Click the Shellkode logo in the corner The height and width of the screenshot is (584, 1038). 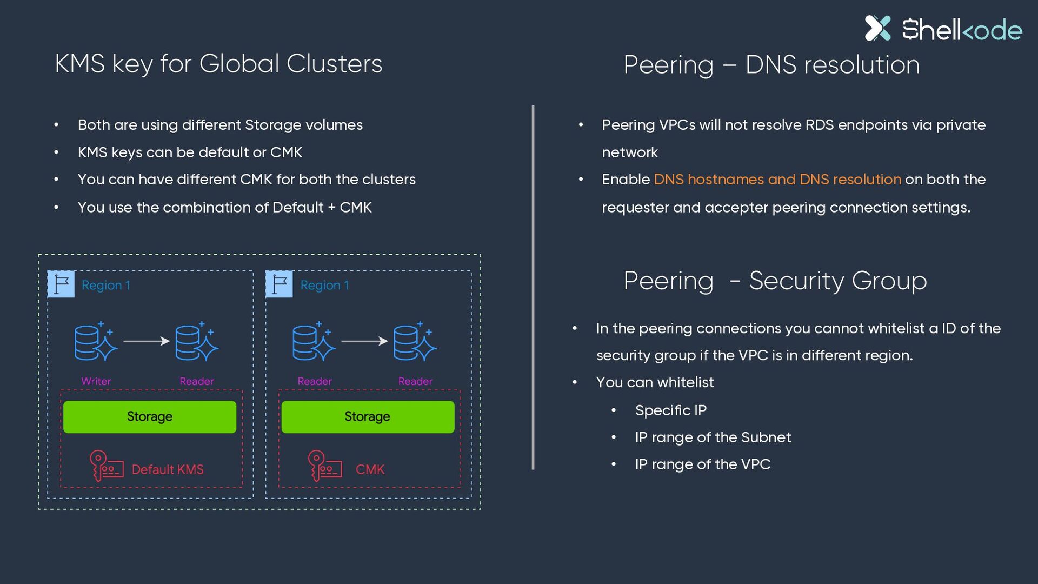(943, 29)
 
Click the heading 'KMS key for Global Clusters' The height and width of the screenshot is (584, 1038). (218, 64)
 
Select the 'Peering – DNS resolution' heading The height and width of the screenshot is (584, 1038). (771, 65)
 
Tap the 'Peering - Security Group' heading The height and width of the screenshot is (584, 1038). (775, 281)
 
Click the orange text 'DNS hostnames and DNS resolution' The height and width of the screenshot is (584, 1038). (777, 180)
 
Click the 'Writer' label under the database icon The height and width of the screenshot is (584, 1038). (96, 381)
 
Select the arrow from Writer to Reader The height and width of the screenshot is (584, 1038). (147, 341)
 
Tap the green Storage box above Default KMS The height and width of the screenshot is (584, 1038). (150, 416)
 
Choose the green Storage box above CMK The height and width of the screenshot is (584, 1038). (368, 416)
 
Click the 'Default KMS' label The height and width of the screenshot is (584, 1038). (168, 469)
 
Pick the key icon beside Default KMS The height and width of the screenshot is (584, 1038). (107, 466)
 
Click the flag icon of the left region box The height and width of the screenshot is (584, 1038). (61, 284)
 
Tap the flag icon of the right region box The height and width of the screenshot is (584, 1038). (279, 284)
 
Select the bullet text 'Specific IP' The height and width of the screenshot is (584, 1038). (671, 410)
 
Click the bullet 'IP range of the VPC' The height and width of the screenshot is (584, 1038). (703, 464)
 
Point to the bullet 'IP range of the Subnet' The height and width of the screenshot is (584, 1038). (713, 437)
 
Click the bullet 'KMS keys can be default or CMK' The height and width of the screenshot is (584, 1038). (190, 152)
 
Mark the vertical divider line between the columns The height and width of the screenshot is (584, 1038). (533, 288)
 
